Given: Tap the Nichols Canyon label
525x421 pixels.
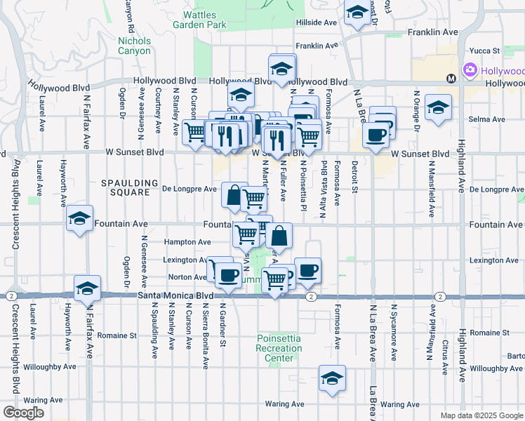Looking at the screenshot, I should pos(134,46).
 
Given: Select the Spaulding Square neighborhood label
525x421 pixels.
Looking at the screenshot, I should pos(126,187).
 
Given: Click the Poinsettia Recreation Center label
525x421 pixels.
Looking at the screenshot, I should pos(279,348).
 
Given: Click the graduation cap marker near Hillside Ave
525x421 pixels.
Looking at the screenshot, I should pos(357,13).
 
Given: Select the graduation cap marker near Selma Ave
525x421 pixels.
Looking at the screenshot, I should pos(438,107).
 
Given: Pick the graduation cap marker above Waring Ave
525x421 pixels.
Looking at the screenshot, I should pos(332,378).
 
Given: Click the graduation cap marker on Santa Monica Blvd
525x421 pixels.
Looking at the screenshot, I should pos(87,288).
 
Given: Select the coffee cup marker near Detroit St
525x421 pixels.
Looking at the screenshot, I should pos(376,133).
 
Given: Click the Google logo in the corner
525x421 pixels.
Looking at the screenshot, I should pos(23,413).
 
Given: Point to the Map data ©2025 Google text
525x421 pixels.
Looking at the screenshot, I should pos(481,415).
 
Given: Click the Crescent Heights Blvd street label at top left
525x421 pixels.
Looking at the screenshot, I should pos(14,203).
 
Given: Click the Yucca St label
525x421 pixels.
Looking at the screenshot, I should pos(484,51).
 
